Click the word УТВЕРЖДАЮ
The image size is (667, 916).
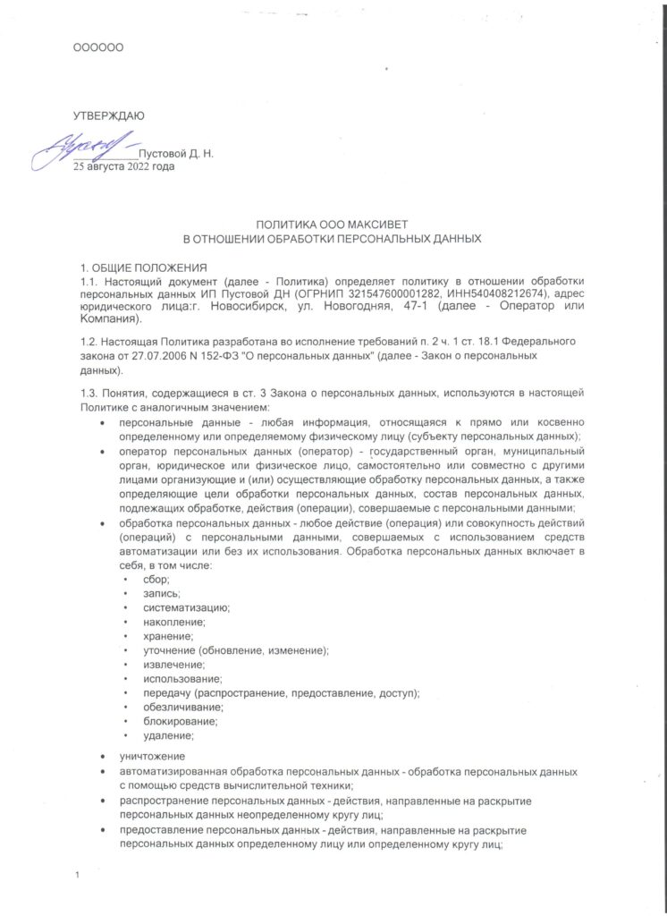click(108, 114)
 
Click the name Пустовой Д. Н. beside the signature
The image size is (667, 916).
click(176, 155)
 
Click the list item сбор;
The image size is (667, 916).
click(143, 580)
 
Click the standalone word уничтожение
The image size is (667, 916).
click(153, 757)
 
